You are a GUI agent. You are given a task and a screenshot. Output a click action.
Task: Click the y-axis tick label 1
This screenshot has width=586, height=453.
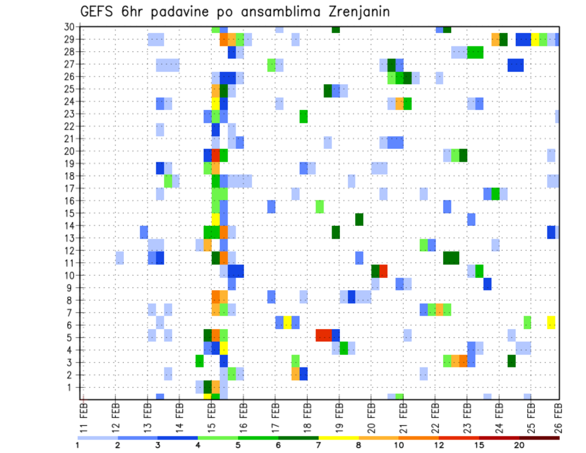click(x=71, y=387)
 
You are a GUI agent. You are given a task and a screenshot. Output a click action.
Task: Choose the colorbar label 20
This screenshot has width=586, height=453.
click(x=519, y=445)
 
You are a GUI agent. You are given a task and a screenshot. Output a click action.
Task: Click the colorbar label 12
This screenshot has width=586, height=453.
click(x=439, y=445)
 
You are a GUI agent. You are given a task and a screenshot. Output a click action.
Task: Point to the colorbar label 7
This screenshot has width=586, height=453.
click(x=319, y=445)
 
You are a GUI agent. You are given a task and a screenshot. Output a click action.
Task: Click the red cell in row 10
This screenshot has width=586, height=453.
click(x=383, y=271)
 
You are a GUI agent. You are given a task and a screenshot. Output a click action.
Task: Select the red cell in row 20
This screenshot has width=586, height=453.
click(x=215, y=155)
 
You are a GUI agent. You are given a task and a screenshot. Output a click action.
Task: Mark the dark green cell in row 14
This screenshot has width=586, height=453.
click(x=359, y=219)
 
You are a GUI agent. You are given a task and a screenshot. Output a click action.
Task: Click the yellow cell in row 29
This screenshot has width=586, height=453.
click(x=535, y=40)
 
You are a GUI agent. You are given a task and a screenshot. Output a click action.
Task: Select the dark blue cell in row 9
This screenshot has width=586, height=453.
click(x=487, y=284)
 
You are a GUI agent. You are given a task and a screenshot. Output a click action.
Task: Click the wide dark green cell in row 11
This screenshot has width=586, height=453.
click(x=451, y=258)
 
